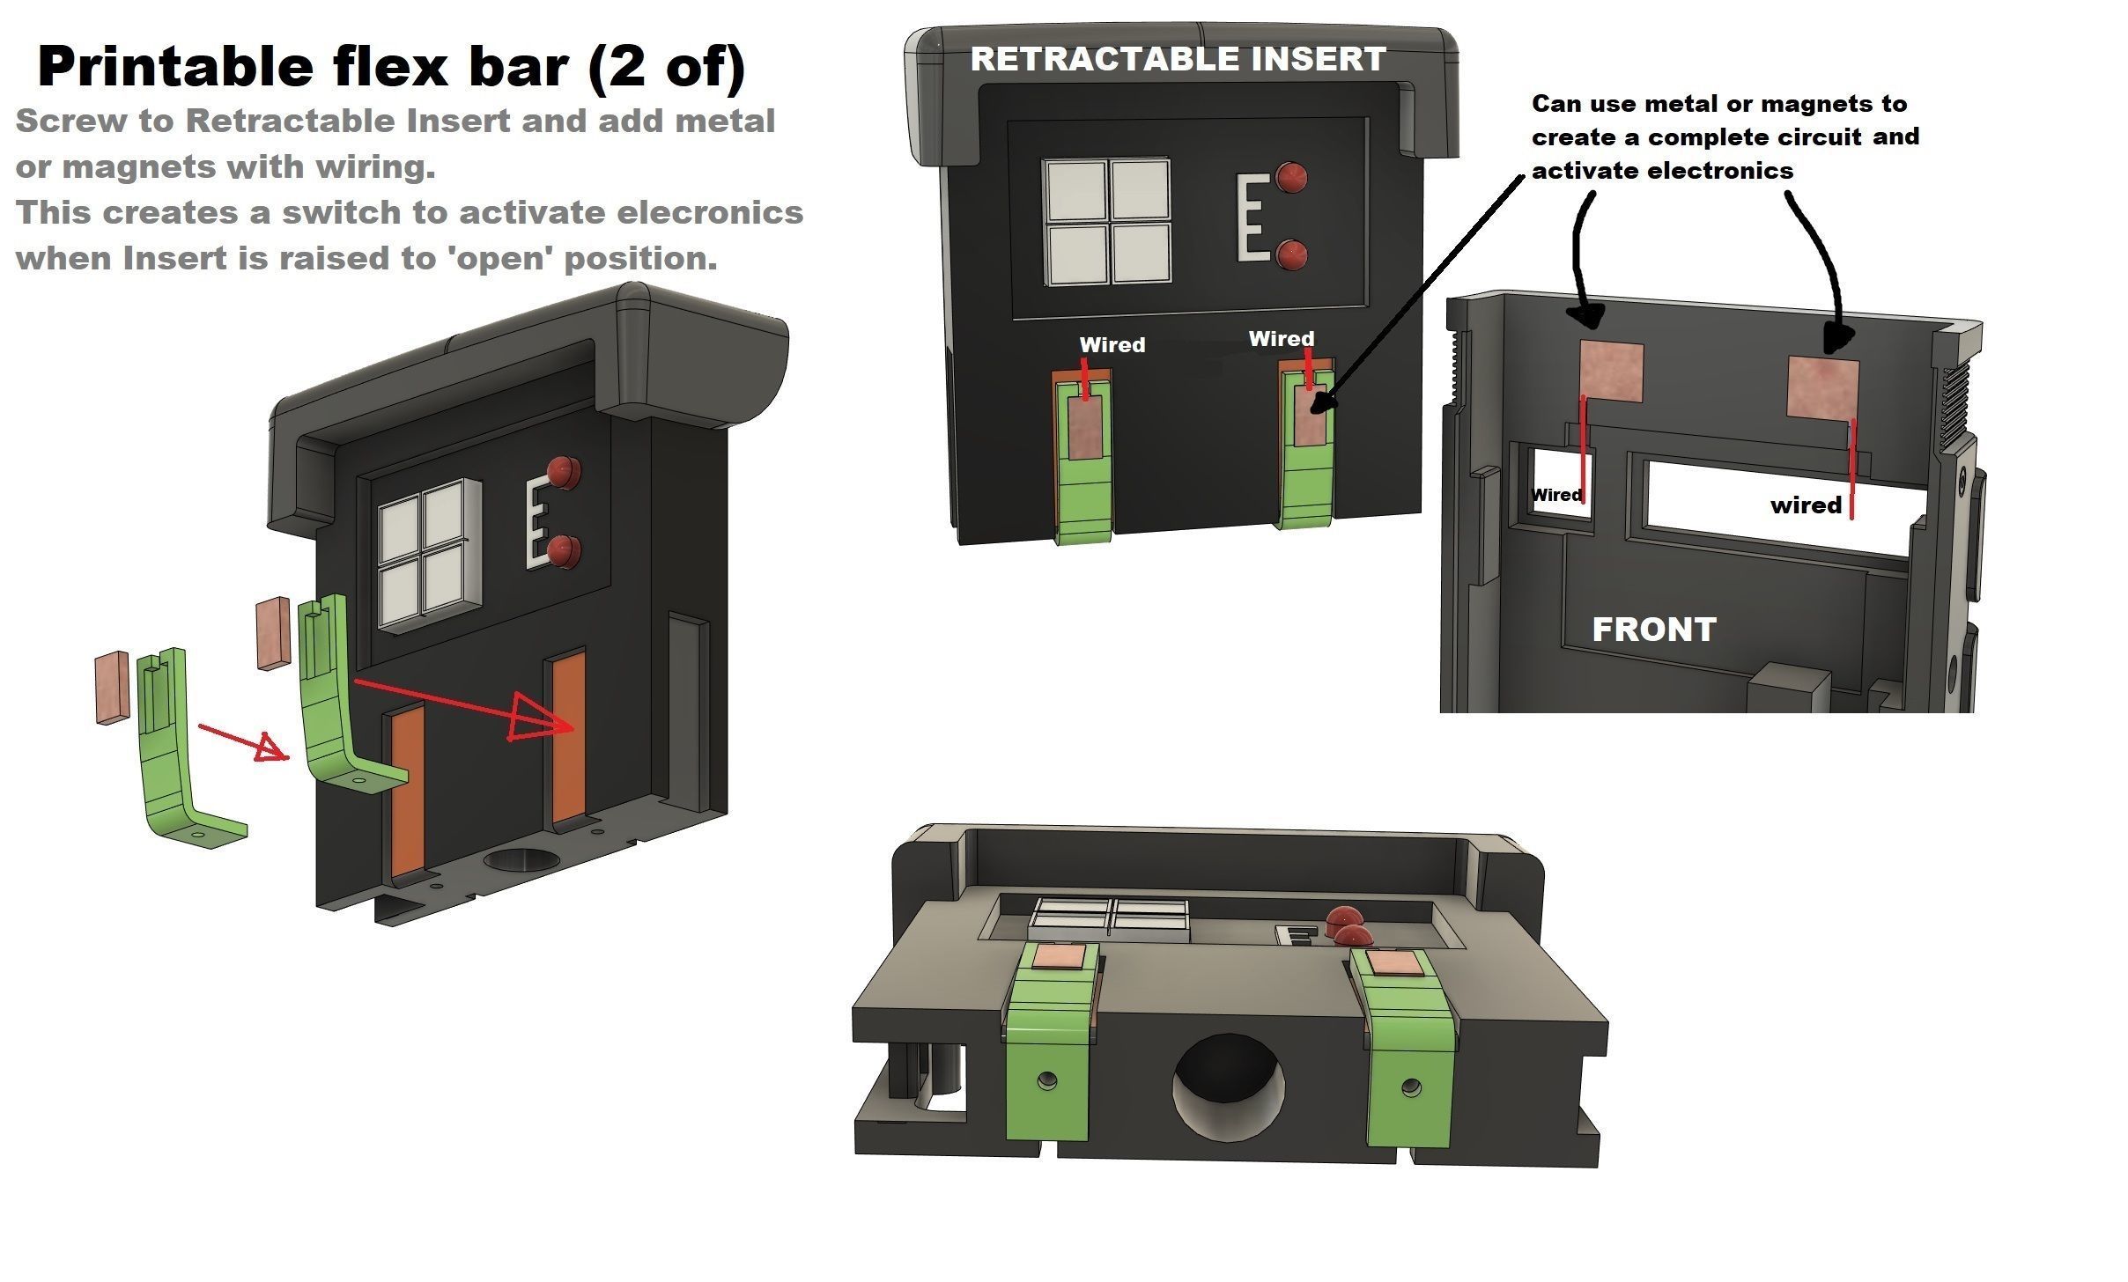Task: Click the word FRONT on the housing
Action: click(x=1654, y=630)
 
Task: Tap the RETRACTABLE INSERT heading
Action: click(x=1178, y=59)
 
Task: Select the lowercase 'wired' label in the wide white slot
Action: click(x=1805, y=505)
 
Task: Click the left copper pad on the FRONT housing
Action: click(x=1611, y=372)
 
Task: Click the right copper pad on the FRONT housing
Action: click(x=1822, y=387)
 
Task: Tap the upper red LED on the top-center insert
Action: click(x=1291, y=177)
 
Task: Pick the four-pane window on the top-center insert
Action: click(x=1107, y=221)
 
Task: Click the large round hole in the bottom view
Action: click(x=1228, y=1084)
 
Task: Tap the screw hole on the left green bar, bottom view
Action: click(x=1047, y=1079)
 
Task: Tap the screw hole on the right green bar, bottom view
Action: click(x=1411, y=1087)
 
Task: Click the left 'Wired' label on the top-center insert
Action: click(x=1112, y=345)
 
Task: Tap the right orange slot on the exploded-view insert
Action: click(x=569, y=737)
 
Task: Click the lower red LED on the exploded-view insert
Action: click(x=564, y=551)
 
